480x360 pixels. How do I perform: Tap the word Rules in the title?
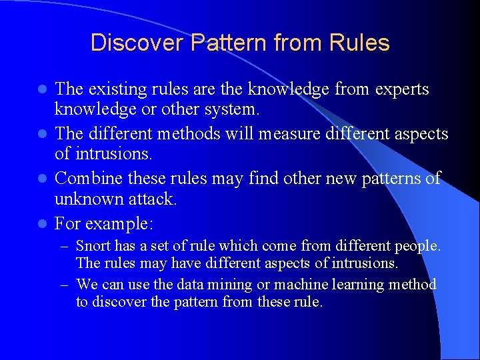coord(359,43)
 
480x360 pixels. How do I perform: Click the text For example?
coord(108,222)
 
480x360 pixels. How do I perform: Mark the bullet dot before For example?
coord(42,223)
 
